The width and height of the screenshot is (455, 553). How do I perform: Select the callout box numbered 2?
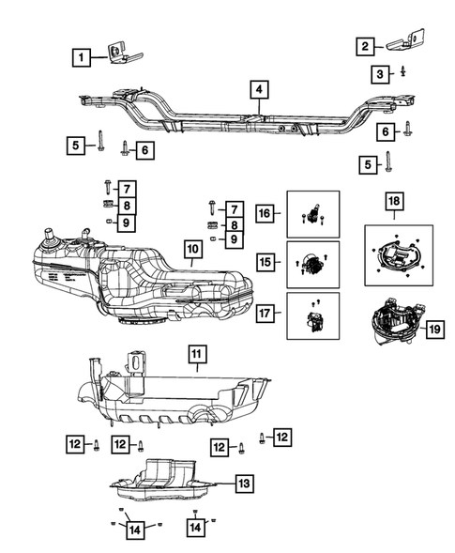pos(366,44)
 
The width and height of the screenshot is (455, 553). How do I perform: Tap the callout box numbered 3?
pos(379,73)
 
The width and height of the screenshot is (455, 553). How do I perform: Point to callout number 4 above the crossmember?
pos(258,90)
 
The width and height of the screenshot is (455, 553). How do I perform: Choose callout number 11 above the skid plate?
pos(197,354)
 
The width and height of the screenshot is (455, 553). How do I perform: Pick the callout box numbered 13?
pos(242,484)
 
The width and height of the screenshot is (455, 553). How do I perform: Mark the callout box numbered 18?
pos(393,201)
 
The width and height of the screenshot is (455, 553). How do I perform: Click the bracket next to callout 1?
pos(119,54)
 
